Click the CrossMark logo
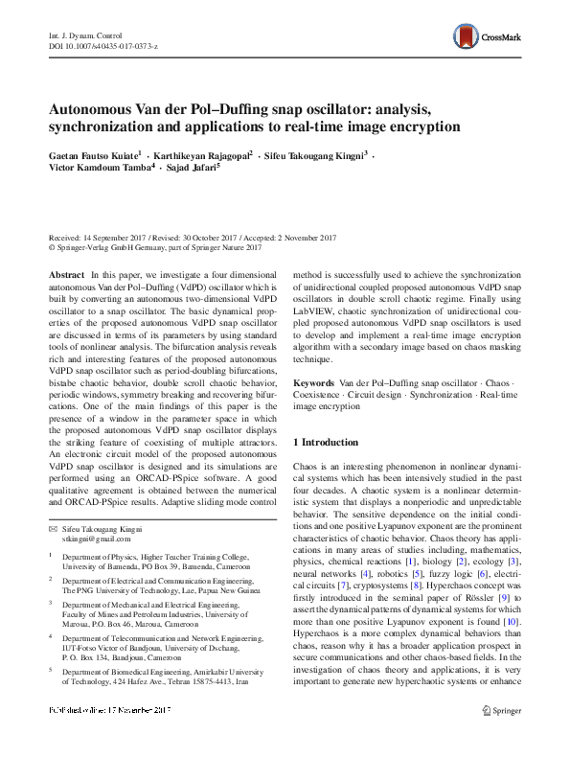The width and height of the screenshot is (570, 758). (487, 36)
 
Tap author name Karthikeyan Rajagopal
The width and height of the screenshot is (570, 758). (202, 153)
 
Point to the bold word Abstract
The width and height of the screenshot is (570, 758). (66, 274)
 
